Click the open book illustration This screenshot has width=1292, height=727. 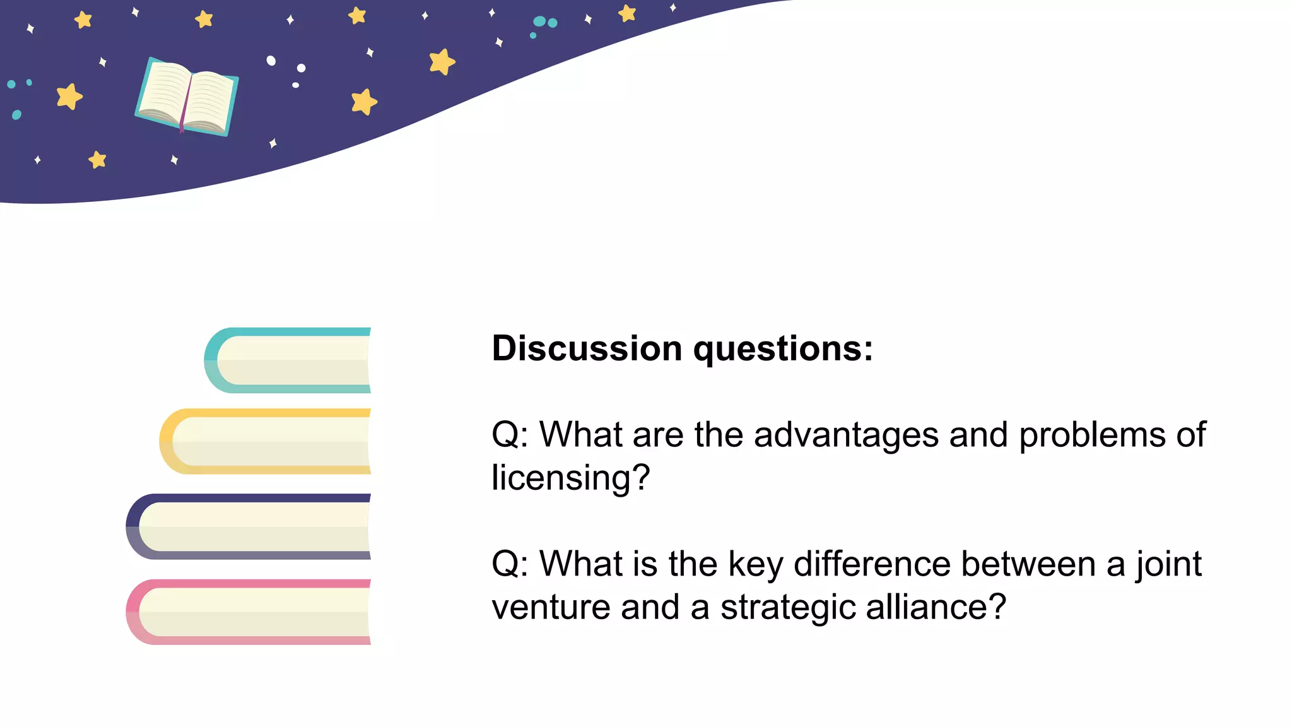click(187, 96)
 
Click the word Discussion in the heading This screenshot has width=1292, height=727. click(586, 348)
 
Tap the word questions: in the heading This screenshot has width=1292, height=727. click(783, 350)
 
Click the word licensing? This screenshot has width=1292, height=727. click(570, 478)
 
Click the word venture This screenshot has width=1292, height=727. click(550, 608)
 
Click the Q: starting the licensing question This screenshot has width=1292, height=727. click(510, 435)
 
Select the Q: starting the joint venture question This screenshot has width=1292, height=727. click(510, 564)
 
